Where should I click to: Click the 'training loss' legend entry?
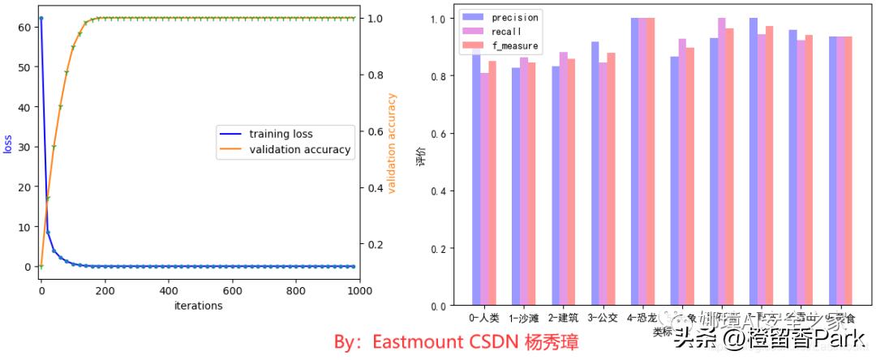pyautogui.click(x=280, y=134)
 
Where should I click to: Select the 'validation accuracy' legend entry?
pyautogui.click(x=299, y=149)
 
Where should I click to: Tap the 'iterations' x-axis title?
pyautogui.click(x=198, y=306)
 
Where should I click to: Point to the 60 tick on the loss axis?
pyautogui.click(x=24, y=27)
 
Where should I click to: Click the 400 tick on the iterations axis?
pyautogui.click(x=168, y=290)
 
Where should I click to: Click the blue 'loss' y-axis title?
pyautogui.click(x=8, y=144)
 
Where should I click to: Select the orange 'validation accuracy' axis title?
pyautogui.click(x=392, y=144)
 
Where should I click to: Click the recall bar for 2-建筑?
pyautogui.click(x=564, y=178)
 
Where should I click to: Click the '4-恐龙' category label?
pyautogui.click(x=642, y=319)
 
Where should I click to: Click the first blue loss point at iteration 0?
pyautogui.click(x=41, y=18)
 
